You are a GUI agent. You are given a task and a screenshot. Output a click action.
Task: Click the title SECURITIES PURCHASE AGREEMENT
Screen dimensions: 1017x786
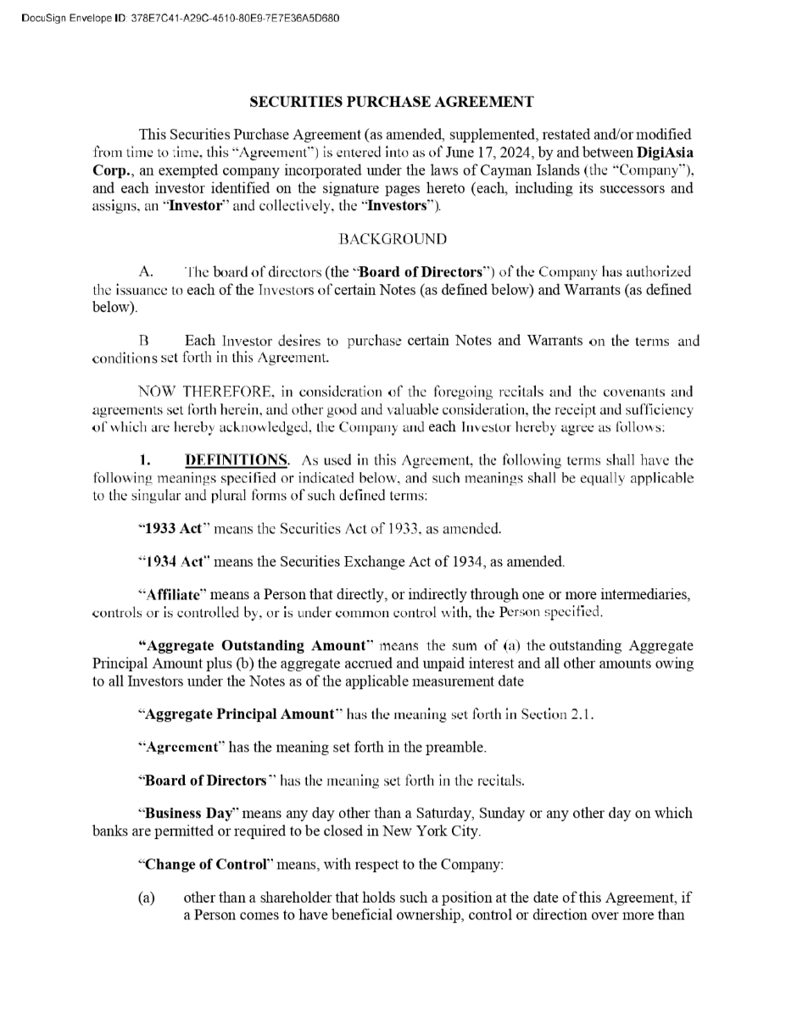(392, 102)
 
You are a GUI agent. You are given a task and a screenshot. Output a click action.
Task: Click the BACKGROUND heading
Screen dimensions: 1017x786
(392, 241)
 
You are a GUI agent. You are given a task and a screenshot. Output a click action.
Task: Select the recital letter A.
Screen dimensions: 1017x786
(144, 272)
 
